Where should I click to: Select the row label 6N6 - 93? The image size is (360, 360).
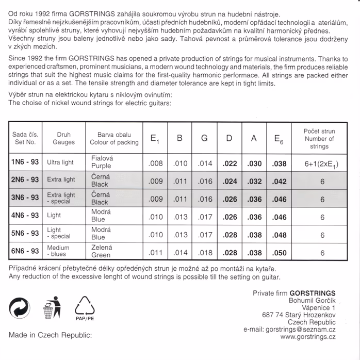(x=25, y=252)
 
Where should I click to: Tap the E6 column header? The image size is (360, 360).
(x=279, y=138)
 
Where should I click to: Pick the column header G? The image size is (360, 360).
(x=205, y=138)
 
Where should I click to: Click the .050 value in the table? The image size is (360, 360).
(x=279, y=253)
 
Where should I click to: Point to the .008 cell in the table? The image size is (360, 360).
(x=155, y=163)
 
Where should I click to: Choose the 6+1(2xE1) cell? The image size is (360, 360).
(x=322, y=164)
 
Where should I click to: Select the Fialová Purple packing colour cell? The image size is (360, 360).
(x=101, y=162)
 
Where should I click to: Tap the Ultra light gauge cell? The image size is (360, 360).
(x=60, y=162)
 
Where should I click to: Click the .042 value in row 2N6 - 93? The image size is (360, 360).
(x=279, y=181)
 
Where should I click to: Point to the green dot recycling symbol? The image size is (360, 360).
(x=20, y=308)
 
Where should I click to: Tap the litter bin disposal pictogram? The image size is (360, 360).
(x=51, y=308)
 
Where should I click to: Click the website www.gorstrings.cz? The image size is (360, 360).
(x=308, y=337)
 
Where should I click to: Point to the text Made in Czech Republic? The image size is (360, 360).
(x=50, y=335)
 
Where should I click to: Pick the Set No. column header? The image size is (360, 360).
(x=25, y=138)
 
